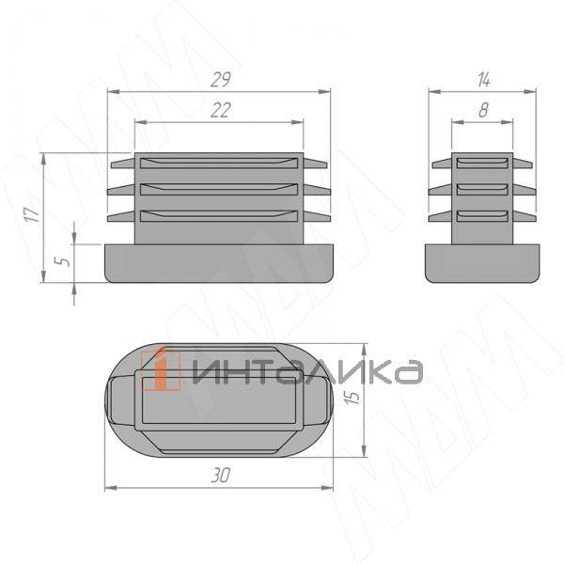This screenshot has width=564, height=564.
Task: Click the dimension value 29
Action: (x=221, y=79)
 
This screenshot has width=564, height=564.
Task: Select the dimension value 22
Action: (x=221, y=110)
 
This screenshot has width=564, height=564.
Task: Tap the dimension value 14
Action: (x=483, y=78)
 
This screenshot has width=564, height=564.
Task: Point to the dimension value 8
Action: (x=483, y=110)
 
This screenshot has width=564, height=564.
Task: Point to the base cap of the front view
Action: (x=220, y=262)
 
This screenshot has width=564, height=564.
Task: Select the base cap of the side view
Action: (x=483, y=262)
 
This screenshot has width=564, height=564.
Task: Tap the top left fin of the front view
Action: (x=122, y=164)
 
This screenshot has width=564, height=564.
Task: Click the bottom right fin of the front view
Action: (x=316, y=217)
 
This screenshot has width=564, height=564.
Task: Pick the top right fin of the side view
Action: (x=524, y=164)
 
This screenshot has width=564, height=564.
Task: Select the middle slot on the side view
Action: (x=483, y=190)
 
